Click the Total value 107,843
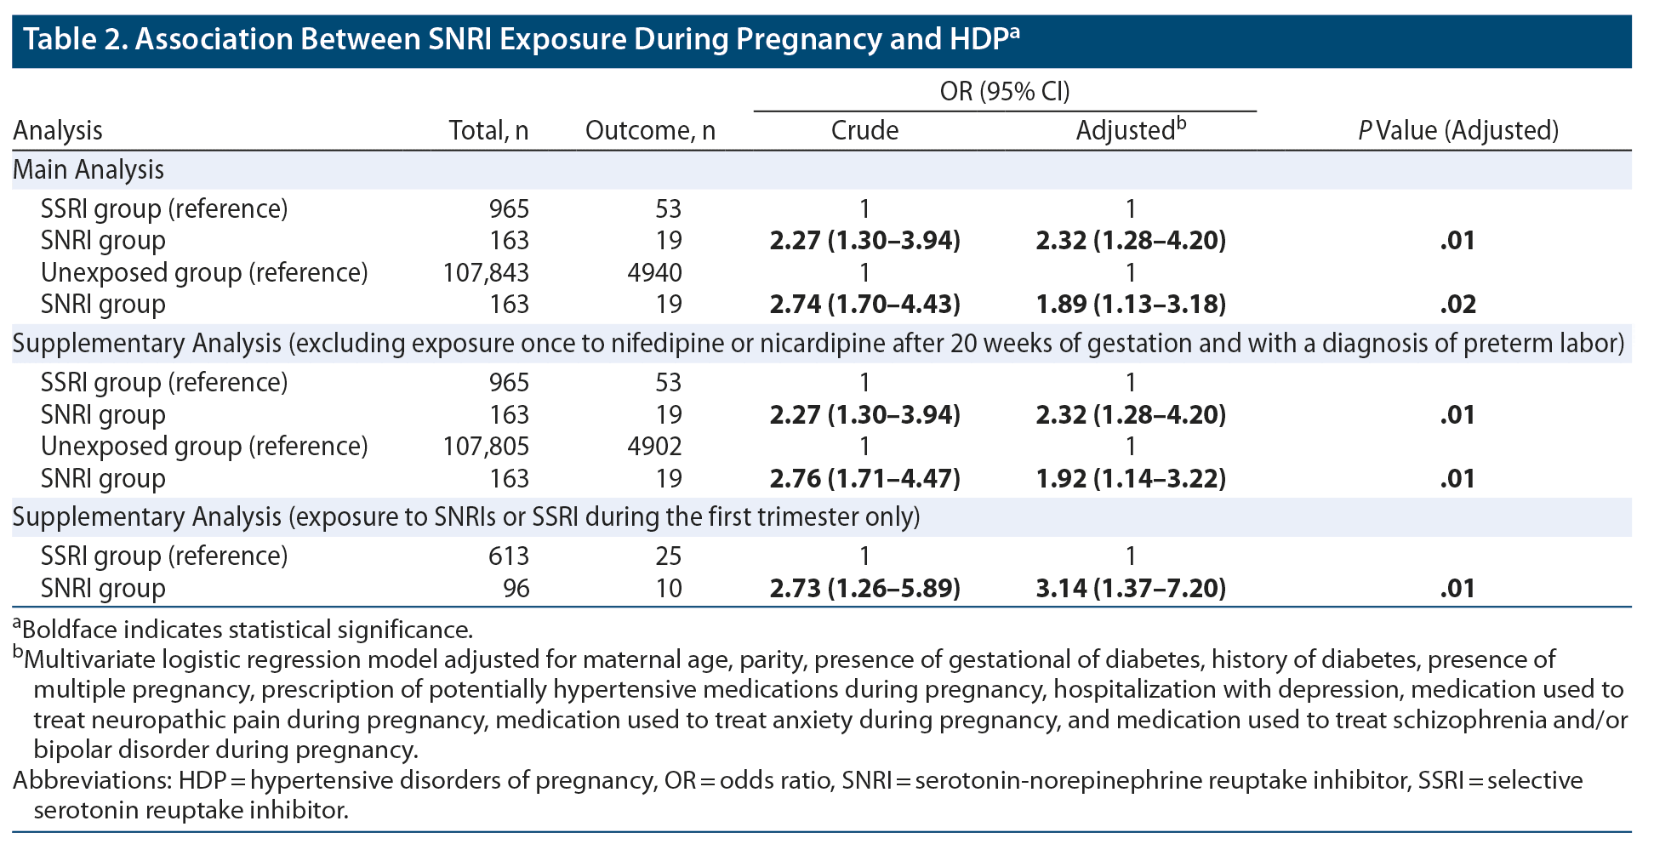(x=486, y=273)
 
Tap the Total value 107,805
(x=486, y=447)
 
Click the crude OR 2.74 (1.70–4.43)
(x=864, y=305)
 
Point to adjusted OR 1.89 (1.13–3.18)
(x=1131, y=305)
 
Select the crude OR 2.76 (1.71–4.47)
(x=864, y=479)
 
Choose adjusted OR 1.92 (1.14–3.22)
(x=1131, y=479)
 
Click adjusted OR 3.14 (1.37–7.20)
(x=1131, y=589)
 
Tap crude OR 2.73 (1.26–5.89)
(x=864, y=589)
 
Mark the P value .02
(x=1457, y=305)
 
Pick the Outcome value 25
(x=668, y=556)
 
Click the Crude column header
(x=864, y=130)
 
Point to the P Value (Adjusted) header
(x=1457, y=130)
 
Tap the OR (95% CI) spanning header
(x=1004, y=92)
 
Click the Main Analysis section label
(x=88, y=170)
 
